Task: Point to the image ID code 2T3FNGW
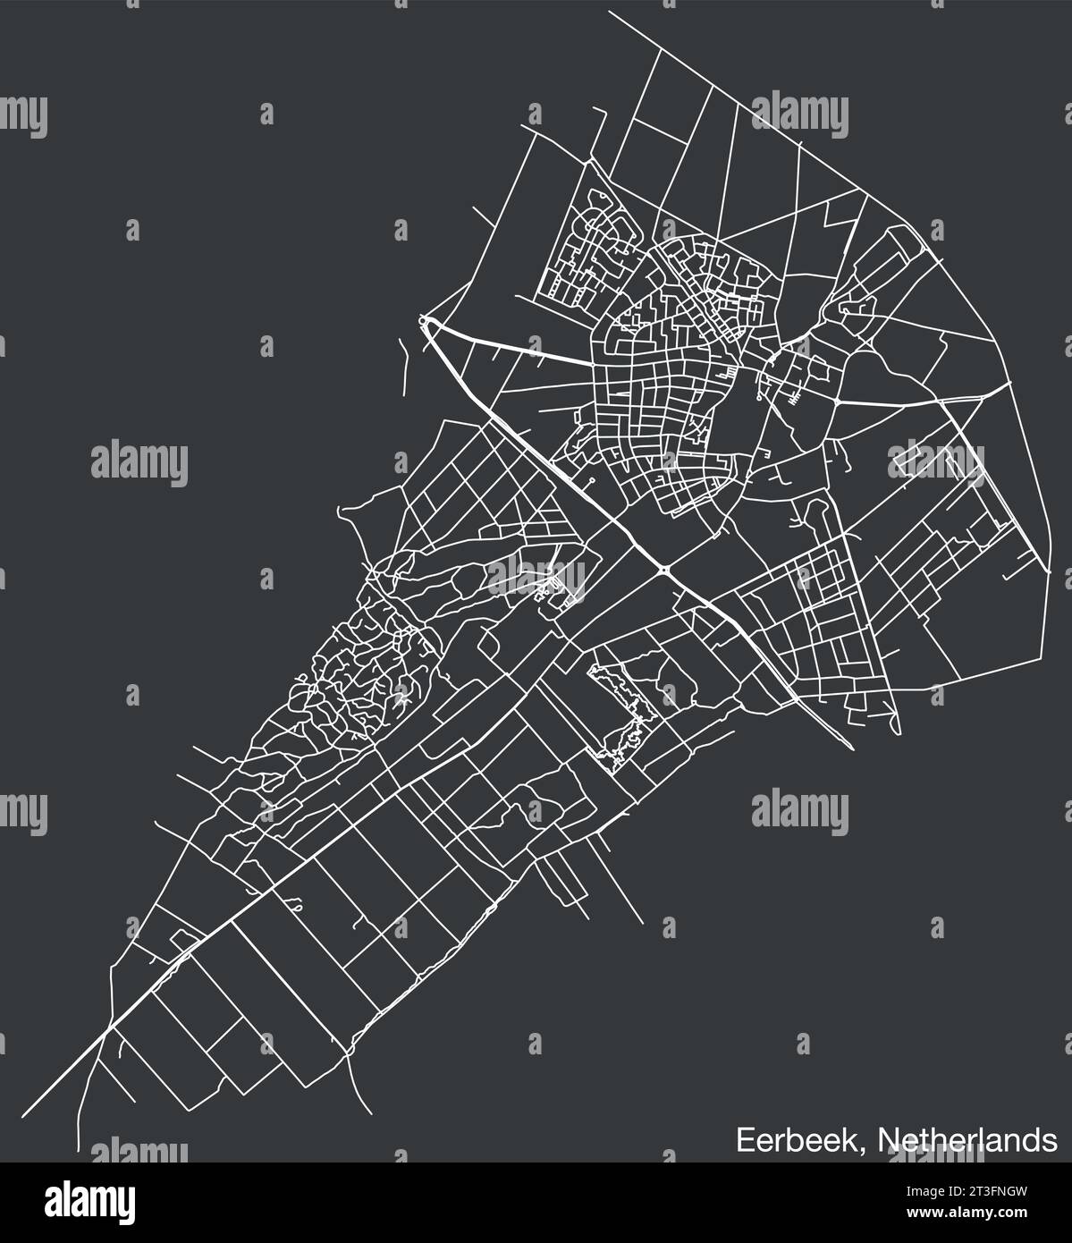[992, 1190]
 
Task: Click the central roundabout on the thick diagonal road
[663, 570]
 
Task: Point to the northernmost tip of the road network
[610, 13]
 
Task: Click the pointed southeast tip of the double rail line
[850, 748]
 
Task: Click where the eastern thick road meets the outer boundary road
[1009, 382]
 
